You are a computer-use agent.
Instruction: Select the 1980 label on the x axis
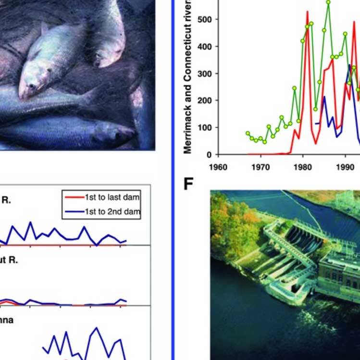pyautogui.click(x=303, y=169)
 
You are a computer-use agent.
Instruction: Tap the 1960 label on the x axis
pyautogui.click(x=218, y=169)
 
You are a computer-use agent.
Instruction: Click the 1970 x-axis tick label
pyautogui.click(x=261, y=169)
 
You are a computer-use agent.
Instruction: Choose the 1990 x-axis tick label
pyautogui.click(x=345, y=169)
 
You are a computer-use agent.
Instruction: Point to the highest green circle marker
pyautogui.click(x=328, y=2)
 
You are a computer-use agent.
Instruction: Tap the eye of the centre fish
pyautogui.click(x=32, y=87)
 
